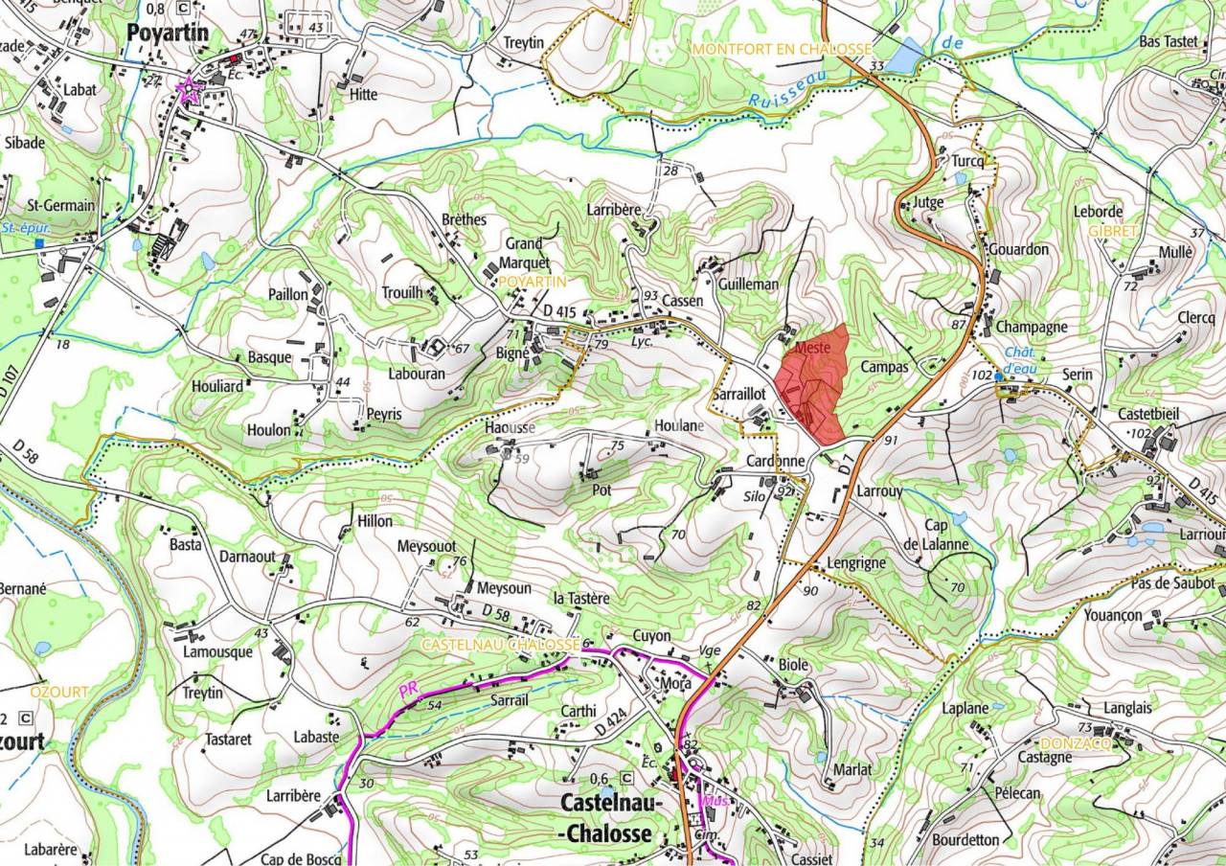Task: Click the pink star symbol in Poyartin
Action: pyautogui.click(x=189, y=91)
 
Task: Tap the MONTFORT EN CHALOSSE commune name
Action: pyautogui.click(x=783, y=49)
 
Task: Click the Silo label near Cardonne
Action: pyautogui.click(x=756, y=497)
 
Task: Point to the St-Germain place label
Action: pyautogui.click(x=60, y=205)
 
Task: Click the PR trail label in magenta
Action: pyautogui.click(x=410, y=691)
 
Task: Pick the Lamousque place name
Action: pyautogui.click(x=217, y=651)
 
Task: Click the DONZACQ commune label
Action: pyautogui.click(x=1075, y=742)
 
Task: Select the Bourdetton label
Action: pyautogui.click(x=965, y=840)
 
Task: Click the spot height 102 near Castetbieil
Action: pyautogui.click(x=1140, y=433)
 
